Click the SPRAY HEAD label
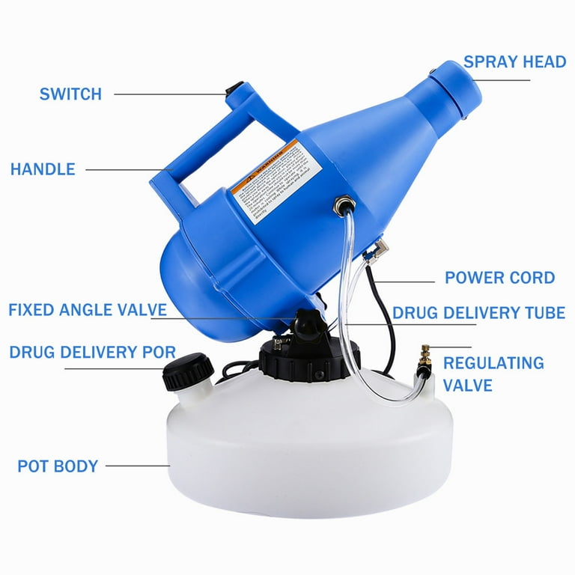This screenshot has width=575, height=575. tap(514, 61)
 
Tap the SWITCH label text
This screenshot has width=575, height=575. tap(70, 94)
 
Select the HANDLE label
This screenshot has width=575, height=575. tap(43, 169)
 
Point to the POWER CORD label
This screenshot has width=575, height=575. tap(499, 278)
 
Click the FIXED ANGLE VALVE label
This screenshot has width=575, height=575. tap(87, 310)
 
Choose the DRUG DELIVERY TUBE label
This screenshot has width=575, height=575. tap(478, 312)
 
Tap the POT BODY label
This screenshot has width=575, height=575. tap(58, 466)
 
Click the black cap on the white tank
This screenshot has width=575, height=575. tap(184, 371)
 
